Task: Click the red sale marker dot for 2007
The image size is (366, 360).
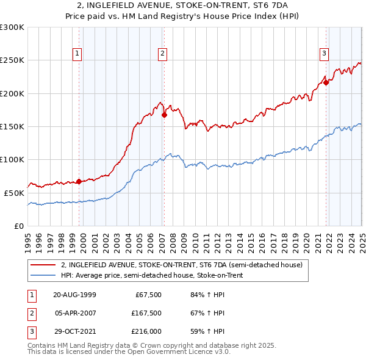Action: click(x=164, y=114)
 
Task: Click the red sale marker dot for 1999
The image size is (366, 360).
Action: click(x=79, y=181)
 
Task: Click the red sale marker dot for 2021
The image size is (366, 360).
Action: click(x=326, y=82)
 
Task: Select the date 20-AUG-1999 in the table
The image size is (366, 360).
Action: click(x=74, y=295)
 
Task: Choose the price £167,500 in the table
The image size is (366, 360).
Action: click(x=145, y=313)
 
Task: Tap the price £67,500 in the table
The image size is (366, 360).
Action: click(x=147, y=295)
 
